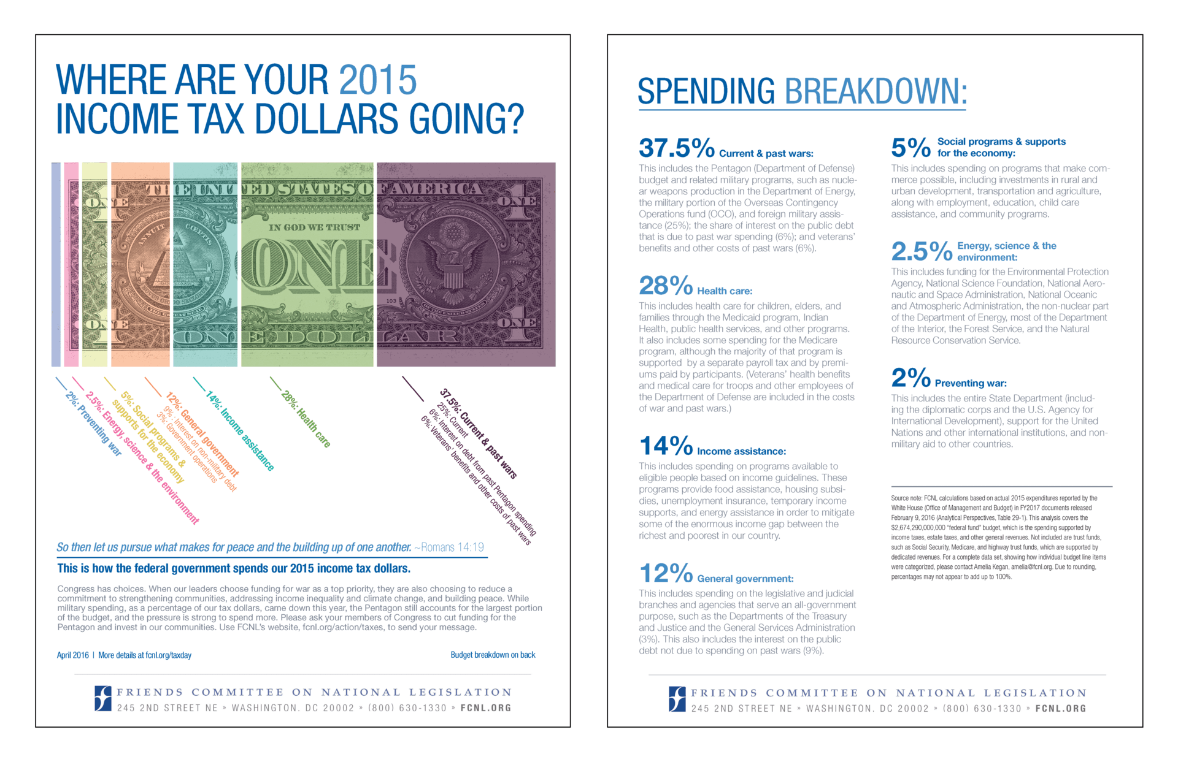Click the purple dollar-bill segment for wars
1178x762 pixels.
(x=466, y=264)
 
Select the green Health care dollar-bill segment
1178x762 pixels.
(x=307, y=264)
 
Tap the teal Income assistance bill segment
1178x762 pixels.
(x=205, y=264)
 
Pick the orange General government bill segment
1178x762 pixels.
(x=140, y=264)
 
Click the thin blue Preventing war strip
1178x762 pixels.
(x=56, y=264)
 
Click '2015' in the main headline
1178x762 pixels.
(x=377, y=80)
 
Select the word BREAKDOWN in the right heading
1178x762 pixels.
(x=876, y=92)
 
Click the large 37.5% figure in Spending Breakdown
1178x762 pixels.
(x=676, y=148)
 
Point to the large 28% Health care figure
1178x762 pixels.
(x=665, y=286)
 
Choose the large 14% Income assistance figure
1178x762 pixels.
(x=665, y=446)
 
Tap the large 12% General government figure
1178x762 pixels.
(x=665, y=573)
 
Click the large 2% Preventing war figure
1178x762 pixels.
(x=910, y=378)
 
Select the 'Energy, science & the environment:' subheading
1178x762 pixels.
(x=1006, y=251)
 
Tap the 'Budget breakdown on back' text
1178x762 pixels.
(x=493, y=655)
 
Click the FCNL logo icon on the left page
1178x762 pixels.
(x=102, y=698)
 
